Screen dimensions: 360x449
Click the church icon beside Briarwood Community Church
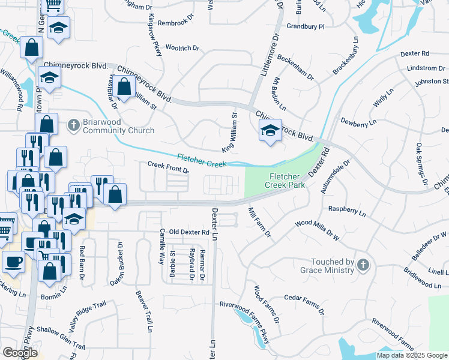[73, 125]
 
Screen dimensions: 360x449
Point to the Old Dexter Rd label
[189, 232]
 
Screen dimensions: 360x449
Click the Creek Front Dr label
[169, 167]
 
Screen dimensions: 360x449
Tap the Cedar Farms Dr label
[304, 305]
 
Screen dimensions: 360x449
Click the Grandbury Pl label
[306, 26]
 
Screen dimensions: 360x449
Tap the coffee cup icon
[14, 261]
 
